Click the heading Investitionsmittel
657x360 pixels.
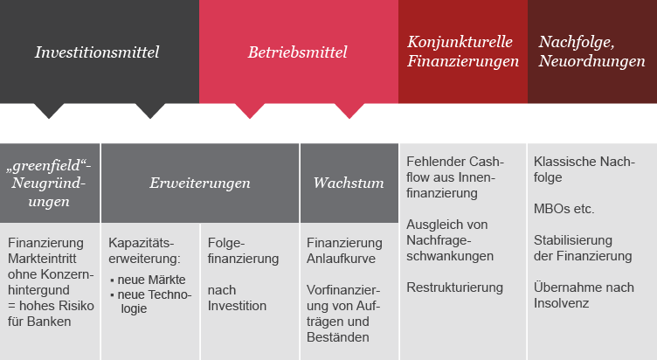pyautogui.click(x=97, y=52)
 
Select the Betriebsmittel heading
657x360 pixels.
pyautogui.click(x=298, y=52)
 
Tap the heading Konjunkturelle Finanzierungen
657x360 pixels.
pyautogui.click(x=463, y=52)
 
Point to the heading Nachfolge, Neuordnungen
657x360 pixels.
pyautogui.click(x=591, y=52)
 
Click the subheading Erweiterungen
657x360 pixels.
pyautogui.click(x=200, y=183)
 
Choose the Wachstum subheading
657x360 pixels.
pyautogui.click(x=349, y=183)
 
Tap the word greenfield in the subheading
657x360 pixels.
pyautogui.click(x=46, y=166)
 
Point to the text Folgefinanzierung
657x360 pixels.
pyautogui.click(x=243, y=251)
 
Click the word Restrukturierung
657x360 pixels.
pyautogui.click(x=454, y=287)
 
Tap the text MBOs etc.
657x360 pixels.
pyautogui.click(x=564, y=209)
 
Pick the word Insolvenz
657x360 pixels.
pyautogui.click(x=562, y=303)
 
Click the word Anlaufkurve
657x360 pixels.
pyautogui.click(x=341, y=259)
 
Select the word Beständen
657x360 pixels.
pyautogui.click(x=338, y=337)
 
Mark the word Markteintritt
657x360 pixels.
pyautogui.click(x=42, y=259)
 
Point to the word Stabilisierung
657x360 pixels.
pyautogui.click(x=573, y=240)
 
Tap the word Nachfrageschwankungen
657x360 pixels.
pyautogui.click(x=450, y=248)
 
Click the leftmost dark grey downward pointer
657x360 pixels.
pyautogui.click(x=49, y=111)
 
